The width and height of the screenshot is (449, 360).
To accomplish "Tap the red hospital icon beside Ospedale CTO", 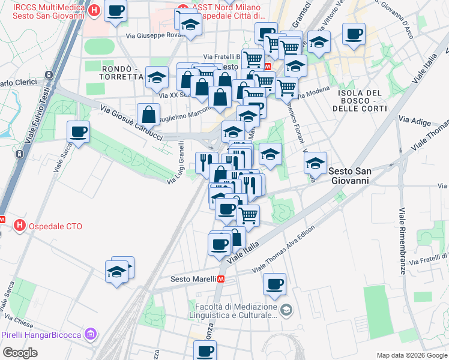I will pos(20,226).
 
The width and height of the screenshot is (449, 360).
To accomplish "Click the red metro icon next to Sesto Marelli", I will pos(222,279).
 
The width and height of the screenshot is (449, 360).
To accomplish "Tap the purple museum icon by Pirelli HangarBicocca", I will pos(91,334).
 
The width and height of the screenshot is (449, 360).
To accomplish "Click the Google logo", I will pos(20,353).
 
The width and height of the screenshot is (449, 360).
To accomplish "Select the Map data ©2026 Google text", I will pos(411,355).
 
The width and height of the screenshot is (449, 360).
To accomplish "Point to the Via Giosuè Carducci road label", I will pos(131,124).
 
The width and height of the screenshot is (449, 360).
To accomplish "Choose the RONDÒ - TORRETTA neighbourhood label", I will pos(122,70).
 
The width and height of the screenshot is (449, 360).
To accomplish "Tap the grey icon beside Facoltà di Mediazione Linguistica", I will pos(286,310).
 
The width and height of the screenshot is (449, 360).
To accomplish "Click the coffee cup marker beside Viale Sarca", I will pos(79,132).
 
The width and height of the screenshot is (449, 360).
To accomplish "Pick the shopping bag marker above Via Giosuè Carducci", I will pos(148,114).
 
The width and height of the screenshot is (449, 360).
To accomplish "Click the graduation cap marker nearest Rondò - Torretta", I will pos(157,77).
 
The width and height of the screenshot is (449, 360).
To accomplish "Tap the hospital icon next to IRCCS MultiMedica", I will pos(94,10).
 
